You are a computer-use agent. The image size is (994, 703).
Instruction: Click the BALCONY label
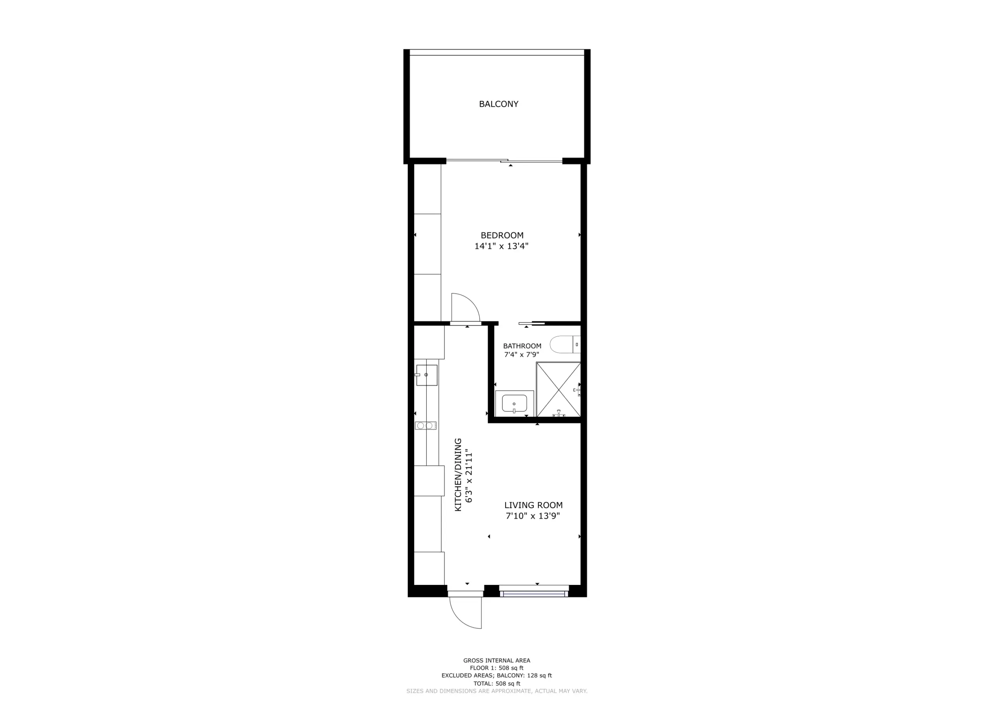coord(498,104)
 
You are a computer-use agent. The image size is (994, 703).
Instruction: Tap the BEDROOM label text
coord(502,235)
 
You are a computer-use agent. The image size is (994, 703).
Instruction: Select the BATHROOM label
coord(522,346)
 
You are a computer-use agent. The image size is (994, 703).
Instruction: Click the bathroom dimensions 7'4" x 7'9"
coord(522,355)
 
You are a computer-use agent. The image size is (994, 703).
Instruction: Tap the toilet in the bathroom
coord(564,345)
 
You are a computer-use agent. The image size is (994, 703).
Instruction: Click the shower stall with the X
coord(558,390)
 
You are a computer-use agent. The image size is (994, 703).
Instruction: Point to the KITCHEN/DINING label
coord(458,474)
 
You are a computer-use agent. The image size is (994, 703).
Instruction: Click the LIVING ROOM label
coord(533,505)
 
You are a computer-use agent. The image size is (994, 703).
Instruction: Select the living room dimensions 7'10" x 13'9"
coord(533,516)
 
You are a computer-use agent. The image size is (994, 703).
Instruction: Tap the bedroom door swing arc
coord(466,307)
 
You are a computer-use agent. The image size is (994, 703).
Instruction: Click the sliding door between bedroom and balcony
coord(504,161)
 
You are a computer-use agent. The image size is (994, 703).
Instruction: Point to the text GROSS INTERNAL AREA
coord(497,661)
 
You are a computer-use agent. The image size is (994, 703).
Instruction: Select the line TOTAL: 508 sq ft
coord(497,684)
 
